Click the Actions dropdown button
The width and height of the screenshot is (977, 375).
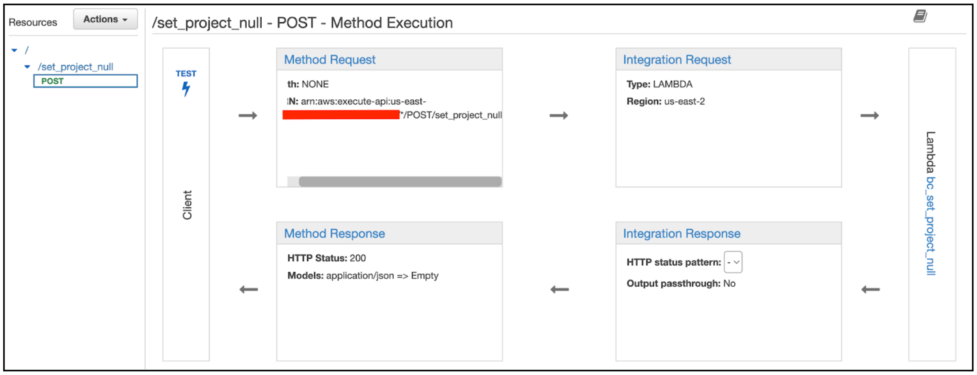coord(105,20)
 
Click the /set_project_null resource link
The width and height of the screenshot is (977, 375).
coord(75,67)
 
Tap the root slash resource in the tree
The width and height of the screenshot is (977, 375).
coord(27,51)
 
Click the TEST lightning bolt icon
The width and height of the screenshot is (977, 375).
coord(186,89)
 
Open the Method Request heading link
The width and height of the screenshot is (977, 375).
coord(330,60)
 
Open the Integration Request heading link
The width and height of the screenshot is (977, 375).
coord(677,60)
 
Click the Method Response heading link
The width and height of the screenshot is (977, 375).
coord(334,234)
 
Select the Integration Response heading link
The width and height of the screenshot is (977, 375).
coord(682,234)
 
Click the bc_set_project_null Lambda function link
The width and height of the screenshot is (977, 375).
coord(930,226)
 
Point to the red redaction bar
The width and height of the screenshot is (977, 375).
coord(341,115)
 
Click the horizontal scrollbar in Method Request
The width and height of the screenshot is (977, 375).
coord(400,182)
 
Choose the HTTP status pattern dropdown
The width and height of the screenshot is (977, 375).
coord(733,262)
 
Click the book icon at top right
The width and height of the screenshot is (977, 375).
coord(920,16)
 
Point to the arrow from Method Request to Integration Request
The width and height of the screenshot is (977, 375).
coord(559,116)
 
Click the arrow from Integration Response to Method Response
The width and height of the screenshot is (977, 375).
coord(559,289)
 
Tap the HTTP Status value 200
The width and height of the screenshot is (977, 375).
coord(358,258)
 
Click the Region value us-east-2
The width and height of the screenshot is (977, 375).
coord(684,102)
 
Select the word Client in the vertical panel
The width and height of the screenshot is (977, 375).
coord(187,205)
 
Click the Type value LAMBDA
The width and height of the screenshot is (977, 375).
coord(672,84)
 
